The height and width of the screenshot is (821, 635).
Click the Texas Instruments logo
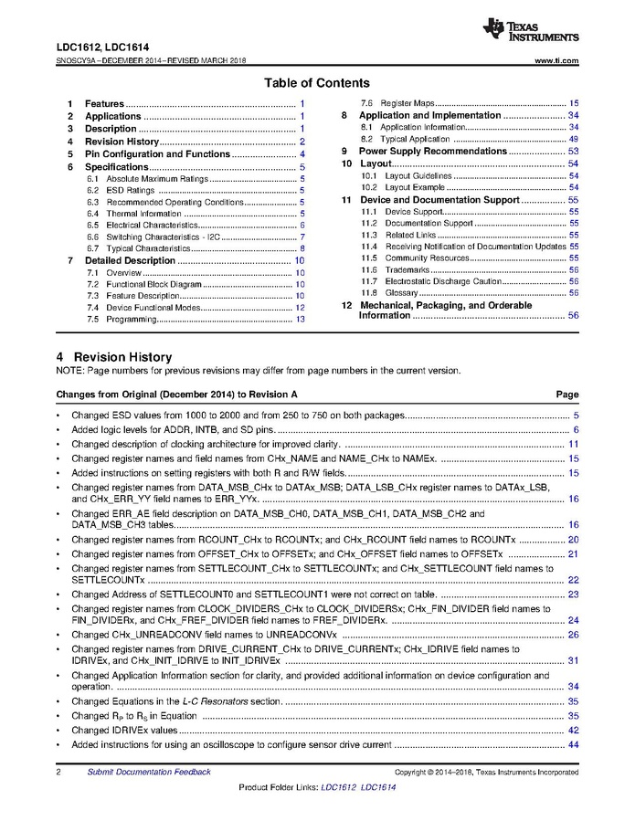532,31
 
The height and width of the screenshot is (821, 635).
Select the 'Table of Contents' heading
317,83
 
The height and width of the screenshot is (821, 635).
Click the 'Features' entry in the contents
104,104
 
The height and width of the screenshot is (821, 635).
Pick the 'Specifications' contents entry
116,167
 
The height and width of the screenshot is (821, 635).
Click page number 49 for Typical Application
573,139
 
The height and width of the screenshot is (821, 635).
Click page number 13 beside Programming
300,320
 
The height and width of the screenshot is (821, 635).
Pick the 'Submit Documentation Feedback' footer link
149,772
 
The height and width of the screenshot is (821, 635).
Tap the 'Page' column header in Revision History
567,395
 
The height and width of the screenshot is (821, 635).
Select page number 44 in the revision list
573,745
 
